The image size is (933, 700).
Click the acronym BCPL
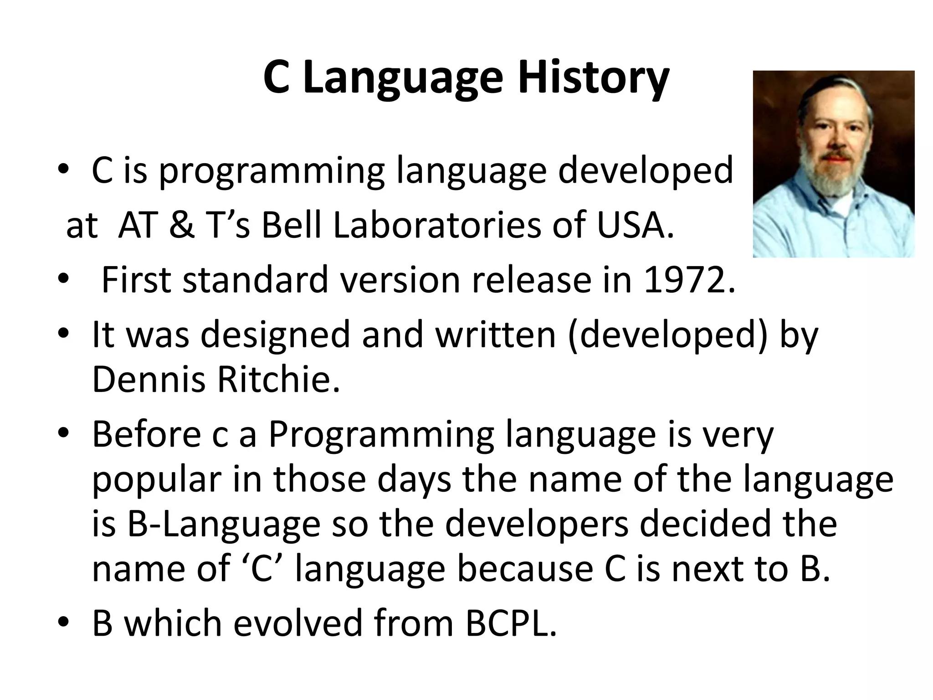coord(511,623)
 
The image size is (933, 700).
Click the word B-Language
coord(206,524)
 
